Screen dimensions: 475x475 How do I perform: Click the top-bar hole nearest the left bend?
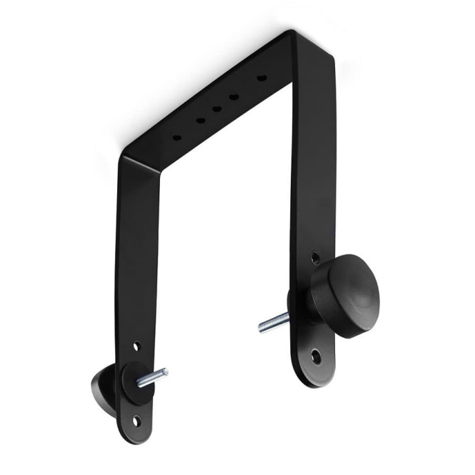click(177, 137)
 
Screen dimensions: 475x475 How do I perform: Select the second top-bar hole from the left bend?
click(200, 121)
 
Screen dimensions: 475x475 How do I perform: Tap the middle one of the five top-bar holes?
click(217, 109)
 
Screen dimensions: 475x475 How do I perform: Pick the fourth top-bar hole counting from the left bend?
click(234, 96)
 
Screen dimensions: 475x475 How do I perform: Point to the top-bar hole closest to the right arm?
click(262, 78)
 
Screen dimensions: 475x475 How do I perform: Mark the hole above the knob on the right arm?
click(316, 258)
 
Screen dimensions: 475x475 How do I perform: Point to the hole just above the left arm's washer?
click(136, 346)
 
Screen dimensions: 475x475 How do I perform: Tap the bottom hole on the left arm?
click(136, 420)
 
